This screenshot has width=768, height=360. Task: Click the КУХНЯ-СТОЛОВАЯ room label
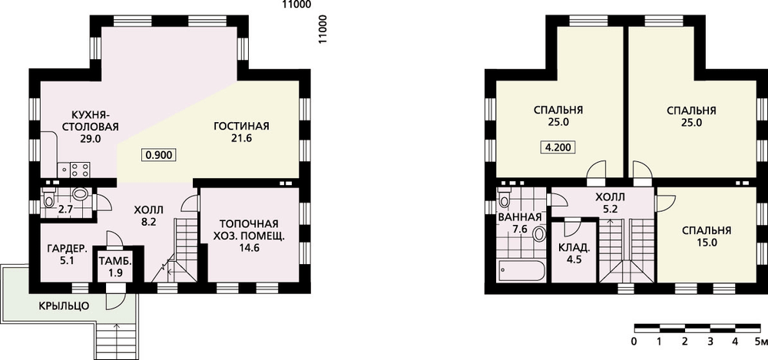tap(94, 121)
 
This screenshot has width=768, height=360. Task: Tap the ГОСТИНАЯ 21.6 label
tap(241, 132)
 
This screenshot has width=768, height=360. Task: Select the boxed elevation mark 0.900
tap(158, 155)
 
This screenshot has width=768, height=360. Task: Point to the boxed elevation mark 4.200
tap(558, 147)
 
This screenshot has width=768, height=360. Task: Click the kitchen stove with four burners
tap(80, 170)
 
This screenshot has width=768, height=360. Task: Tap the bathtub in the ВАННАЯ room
tap(521, 270)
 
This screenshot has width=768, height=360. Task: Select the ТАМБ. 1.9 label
tap(113, 266)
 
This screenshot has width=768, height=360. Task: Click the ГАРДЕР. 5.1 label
tap(67, 254)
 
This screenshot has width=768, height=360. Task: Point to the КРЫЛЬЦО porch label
tap(65, 306)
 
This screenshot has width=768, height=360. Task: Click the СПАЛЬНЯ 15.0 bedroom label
tap(706, 236)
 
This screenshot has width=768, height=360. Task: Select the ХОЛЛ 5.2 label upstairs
tap(610, 203)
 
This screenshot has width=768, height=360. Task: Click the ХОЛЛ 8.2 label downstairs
tap(149, 216)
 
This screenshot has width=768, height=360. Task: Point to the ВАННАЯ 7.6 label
tap(519, 224)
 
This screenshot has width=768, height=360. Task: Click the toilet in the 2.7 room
tap(49, 198)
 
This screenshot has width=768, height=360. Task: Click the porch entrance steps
tap(117, 342)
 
